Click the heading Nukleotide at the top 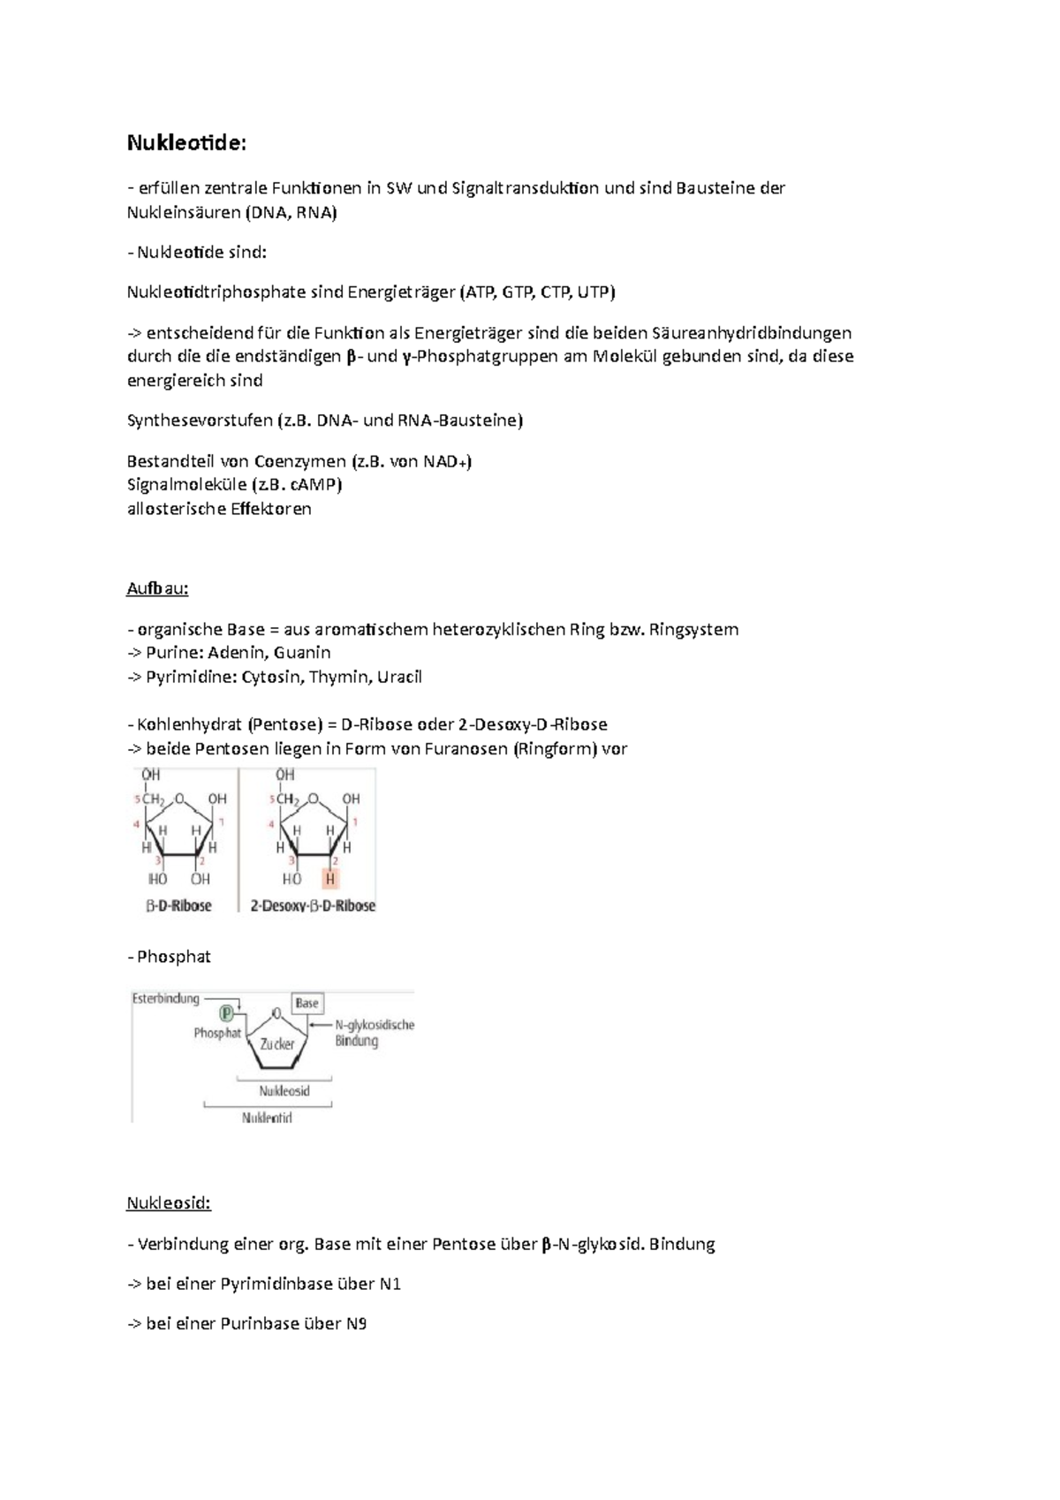tap(185, 143)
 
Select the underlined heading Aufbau tap(157, 588)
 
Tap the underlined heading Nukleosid tap(169, 1203)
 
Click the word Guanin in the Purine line tap(302, 653)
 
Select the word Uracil tap(399, 678)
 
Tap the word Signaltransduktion tap(526, 188)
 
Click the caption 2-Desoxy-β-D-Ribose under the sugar tap(313, 905)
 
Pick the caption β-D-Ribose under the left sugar tap(178, 905)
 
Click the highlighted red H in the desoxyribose tap(330, 879)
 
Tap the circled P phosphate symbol tap(227, 1012)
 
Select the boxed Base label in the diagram tap(307, 1003)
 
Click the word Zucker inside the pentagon tap(277, 1044)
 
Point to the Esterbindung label tap(166, 999)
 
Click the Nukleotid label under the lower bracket tap(267, 1117)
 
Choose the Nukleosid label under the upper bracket tap(284, 1091)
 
